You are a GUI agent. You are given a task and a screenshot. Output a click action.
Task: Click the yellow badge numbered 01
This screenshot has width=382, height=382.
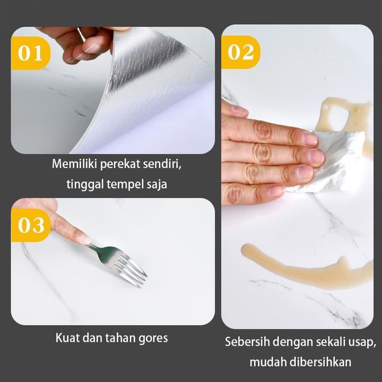[x=30, y=53]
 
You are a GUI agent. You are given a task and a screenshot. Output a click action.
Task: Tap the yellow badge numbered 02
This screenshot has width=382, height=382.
[x=240, y=52]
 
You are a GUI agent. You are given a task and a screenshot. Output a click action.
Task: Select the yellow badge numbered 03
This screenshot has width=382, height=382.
[x=30, y=225]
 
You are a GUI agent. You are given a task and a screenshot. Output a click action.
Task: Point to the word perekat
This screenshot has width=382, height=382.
[x=120, y=165]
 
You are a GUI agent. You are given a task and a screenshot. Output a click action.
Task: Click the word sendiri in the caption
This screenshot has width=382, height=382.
[x=162, y=164]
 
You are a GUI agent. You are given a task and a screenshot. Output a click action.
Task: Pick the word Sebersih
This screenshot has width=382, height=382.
[x=247, y=342]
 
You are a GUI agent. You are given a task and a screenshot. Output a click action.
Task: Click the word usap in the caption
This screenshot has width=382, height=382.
[x=363, y=343]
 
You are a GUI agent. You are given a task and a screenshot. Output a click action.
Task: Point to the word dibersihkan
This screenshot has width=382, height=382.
[x=319, y=362]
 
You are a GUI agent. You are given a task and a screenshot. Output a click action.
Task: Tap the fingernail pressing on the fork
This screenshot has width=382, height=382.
[x=86, y=239]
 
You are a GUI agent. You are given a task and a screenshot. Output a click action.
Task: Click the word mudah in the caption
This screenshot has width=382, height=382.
[x=267, y=362]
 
